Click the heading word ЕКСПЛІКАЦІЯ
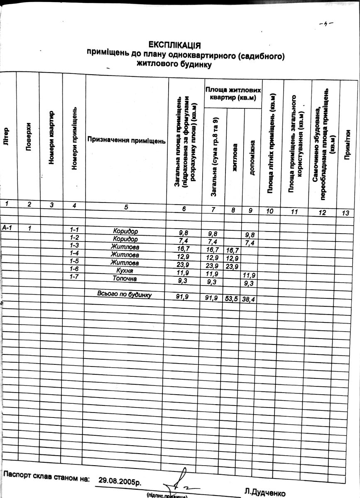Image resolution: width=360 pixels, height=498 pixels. pyautogui.click(x=175, y=45)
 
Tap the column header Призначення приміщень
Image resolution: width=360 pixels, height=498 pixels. pyautogui.click(x=127, y=141)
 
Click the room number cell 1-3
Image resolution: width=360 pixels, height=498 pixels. pyautogui.click(x=74, y=246)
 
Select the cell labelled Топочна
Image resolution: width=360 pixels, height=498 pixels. pyautogui.click(x=124, y=278)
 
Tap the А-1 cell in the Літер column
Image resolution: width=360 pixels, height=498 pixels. pyautogui.click(x=7, y=227)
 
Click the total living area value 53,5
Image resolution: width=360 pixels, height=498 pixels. pyautogui.click(x=231, y=298)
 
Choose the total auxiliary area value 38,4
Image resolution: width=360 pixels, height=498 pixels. pyautogui.click(x=248, y=299)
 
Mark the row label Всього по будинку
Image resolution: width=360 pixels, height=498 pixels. pyautogui.click(x=124, y=294)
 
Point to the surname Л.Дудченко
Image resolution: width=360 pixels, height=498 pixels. pyautogui.click(x=265, y=493)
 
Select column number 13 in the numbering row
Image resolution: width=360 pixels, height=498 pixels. pyautogui.click(x=345, y=213)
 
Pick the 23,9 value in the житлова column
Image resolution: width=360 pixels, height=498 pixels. pyautogui.click(x=231, y=266)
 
